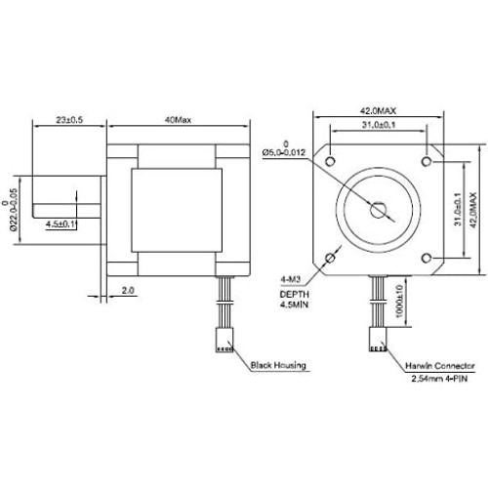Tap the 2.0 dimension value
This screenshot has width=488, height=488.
click(127, 290)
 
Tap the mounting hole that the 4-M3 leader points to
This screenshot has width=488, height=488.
click(331, 258)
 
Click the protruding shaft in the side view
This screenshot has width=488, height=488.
click(68, 195)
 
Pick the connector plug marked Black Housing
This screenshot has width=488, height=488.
click(224, 342)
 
